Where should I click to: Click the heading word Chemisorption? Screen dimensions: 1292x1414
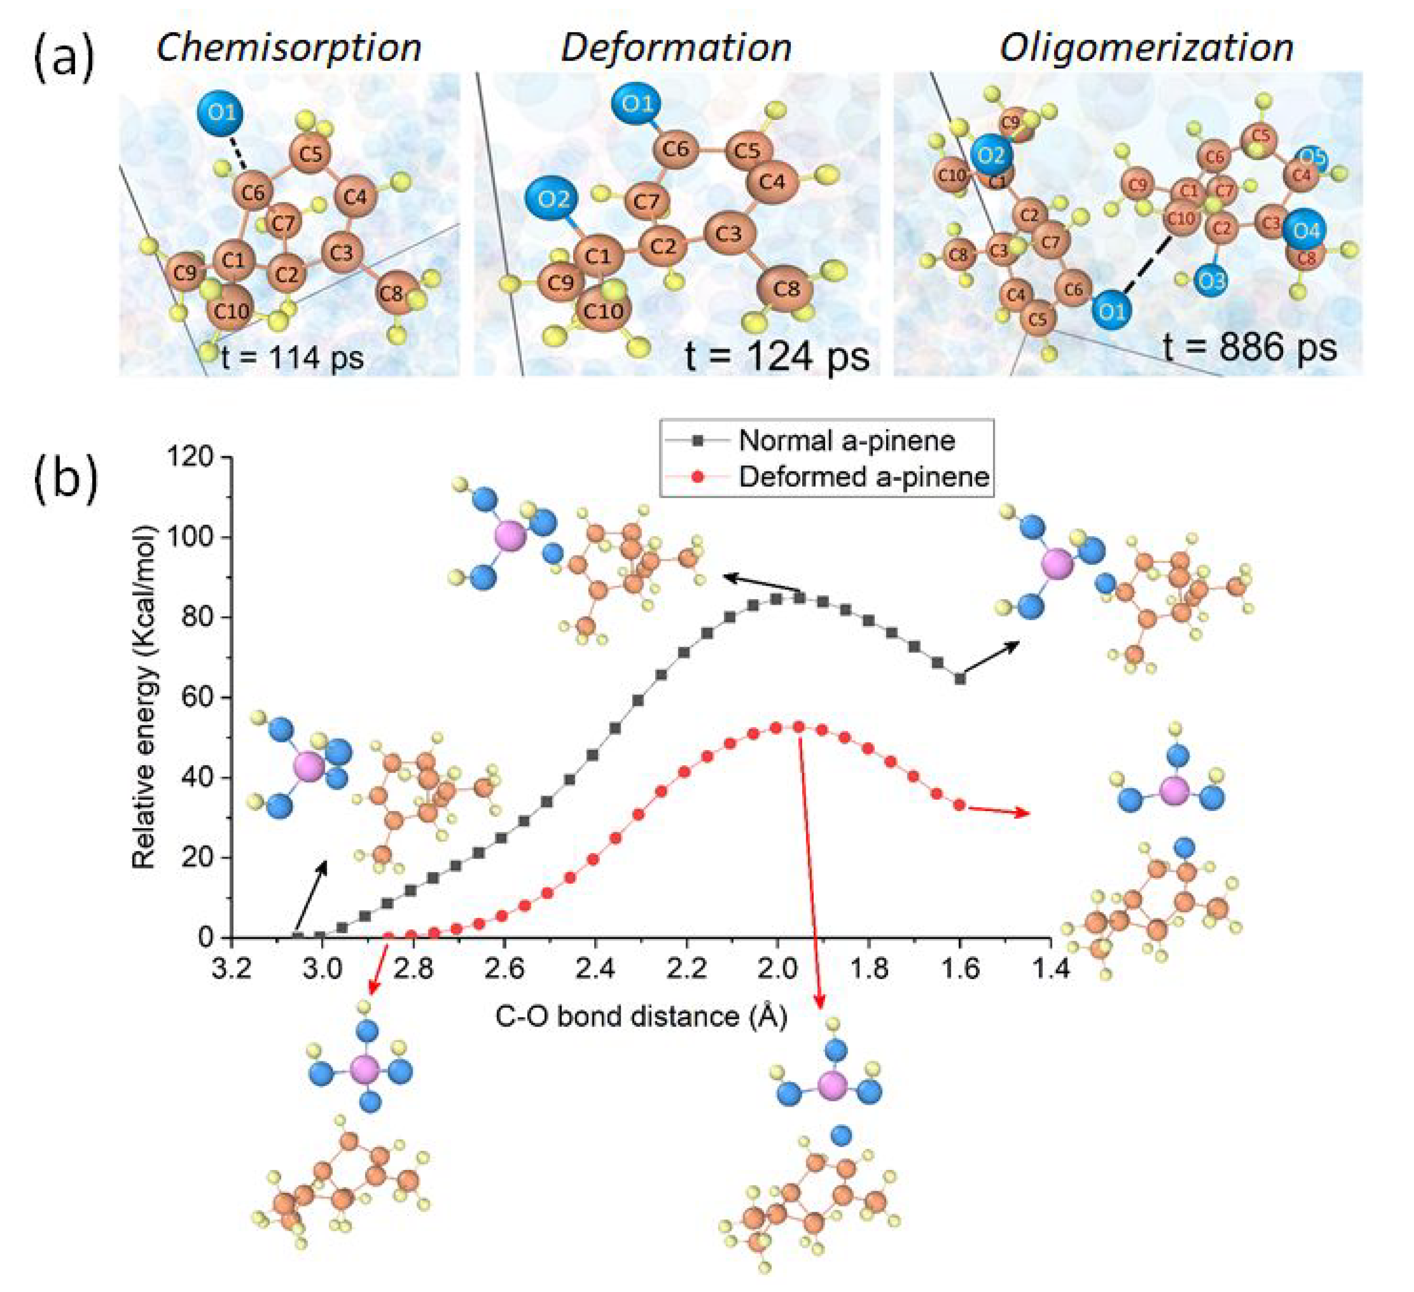click(x=288, y=47)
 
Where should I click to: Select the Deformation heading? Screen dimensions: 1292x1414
click(x=676, y=47)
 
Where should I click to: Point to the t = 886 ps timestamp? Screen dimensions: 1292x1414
click(x=1249, y=346)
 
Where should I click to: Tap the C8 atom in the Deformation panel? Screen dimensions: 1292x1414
click(x=786, y=288)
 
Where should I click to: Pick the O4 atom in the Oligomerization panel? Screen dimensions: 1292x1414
click(x=1306, y=230)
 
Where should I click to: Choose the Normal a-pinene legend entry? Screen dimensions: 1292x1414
click(x=847, y=440)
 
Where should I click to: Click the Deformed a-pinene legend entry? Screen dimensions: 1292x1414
click(x=863, y=477)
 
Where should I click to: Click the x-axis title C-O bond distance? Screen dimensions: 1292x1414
click(x=641, y=1017)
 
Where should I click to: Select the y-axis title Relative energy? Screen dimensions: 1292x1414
click(x=144, y=697)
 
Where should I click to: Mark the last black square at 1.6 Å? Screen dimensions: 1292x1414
click(x=960, y=678)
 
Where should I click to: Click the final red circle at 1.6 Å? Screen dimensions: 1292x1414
click(x=960, y=805)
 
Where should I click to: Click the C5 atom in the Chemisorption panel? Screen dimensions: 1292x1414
click(x=310, y=153)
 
